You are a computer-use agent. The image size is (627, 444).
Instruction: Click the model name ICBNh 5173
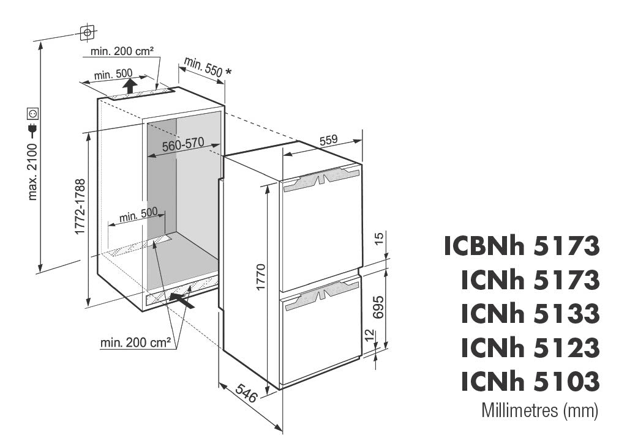pyautogui.click(x=522, y=246)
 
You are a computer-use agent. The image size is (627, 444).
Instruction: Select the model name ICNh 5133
pyautogui.click(x=530, y=314)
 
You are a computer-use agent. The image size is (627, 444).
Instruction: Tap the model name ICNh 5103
pyautogui.click(x=530, y=381)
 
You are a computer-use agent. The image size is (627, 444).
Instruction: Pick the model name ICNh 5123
pyautogui.click(x=530, y=347)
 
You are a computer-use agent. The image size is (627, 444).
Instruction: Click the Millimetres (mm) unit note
pyautogui.click(x=540, y=410)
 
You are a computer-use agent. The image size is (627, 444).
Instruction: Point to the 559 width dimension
pyautogui.click(x=328, y=140)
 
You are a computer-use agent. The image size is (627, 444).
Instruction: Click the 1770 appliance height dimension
pyautogui.click(x=261, y=276)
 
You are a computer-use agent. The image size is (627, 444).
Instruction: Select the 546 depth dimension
pyautogui.click(x=245, y=393)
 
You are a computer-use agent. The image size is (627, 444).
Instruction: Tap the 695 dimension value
pyautogui.click(x=378, y=307)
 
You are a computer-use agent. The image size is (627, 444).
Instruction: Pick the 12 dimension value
pyautogui.click(x=370, y=335)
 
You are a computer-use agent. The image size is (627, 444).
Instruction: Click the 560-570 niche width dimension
pyautogui.click(x=182, y=144)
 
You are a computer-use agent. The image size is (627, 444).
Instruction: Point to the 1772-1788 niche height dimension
pyautogui.click(x=80, y=207)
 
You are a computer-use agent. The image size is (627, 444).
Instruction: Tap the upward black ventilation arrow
pyautogui.click(x=129, y=86)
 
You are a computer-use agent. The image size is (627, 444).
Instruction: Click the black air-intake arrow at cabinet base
pyautogui.click(x=182, y=300)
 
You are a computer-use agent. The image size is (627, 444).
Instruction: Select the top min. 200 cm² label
pyautogui.click(x=122, y=51)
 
